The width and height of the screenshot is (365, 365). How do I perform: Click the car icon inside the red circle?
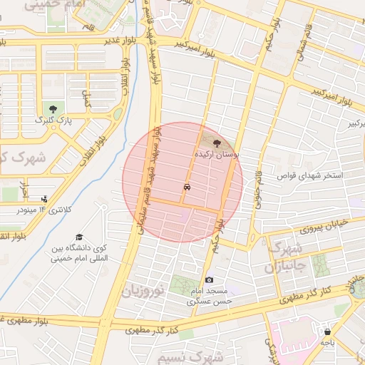point(186,187)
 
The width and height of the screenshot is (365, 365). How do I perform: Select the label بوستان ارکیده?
point(217,154)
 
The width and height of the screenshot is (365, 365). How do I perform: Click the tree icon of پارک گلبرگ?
point(53,108)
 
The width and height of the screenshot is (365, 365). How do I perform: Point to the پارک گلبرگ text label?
point(53,120)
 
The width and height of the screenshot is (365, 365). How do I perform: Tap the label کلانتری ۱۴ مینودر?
point(42,210)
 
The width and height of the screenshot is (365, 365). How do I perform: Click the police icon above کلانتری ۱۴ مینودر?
point(45,199)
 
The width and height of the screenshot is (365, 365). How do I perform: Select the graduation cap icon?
point(79,237)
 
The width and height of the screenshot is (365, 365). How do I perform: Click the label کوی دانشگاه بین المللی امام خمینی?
point(79,253)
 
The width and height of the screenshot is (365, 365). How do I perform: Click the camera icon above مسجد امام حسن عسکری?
point(209,280)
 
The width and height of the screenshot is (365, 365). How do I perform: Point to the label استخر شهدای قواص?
point(310,175)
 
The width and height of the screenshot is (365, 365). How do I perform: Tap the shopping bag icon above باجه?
point(327,331)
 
